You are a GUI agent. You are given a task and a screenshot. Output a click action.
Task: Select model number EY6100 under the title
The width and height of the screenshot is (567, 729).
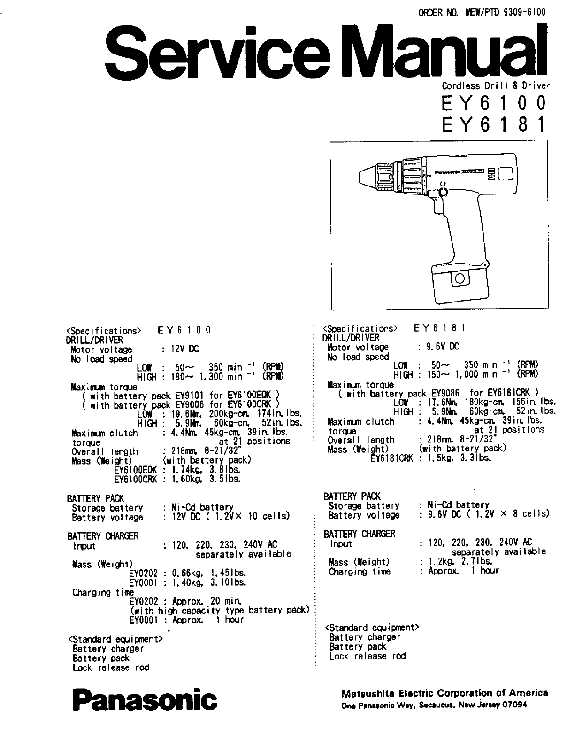494,102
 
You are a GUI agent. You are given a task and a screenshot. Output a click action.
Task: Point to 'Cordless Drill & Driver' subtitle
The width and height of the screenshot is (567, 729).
496,85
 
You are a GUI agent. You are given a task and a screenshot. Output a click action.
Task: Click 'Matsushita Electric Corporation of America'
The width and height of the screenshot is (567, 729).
444,693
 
